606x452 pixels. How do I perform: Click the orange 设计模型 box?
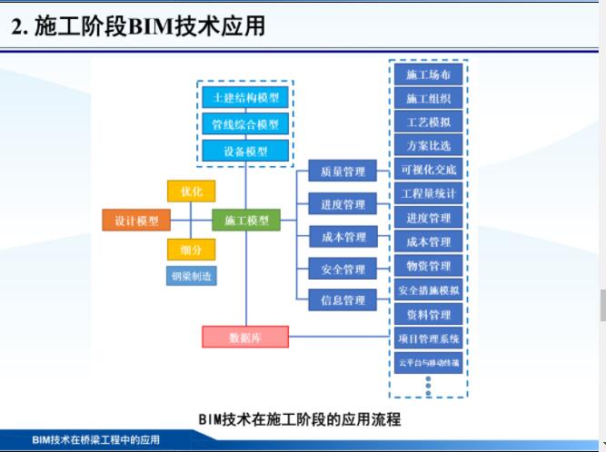point(136,221)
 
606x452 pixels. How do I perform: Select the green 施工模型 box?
point(246,221)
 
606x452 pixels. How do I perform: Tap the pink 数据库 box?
point(244,338)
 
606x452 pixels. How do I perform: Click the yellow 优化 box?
point(191,192)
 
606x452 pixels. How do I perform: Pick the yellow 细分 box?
point(191,250)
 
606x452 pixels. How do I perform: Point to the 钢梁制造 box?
point(191,275)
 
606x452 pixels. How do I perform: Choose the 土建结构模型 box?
point(244,97)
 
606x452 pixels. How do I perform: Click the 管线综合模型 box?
point(244,124)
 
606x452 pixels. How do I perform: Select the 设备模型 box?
point(244,152)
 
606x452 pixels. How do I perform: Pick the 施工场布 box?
point(428,74)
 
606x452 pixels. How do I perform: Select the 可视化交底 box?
point(428,170)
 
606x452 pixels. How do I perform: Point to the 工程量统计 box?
point(428,193)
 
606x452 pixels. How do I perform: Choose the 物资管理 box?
point(428,266)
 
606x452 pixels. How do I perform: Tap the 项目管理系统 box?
point(428,339)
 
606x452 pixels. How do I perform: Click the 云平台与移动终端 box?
point(428,363)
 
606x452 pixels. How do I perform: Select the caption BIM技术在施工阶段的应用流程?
point(299,420)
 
